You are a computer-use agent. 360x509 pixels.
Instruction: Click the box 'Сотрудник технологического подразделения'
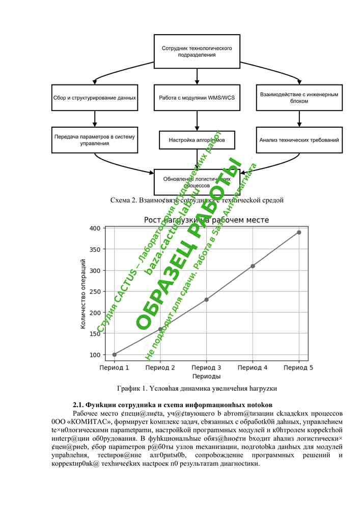coord(197,51)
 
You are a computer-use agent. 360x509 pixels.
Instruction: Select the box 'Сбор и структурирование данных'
coord(95,97)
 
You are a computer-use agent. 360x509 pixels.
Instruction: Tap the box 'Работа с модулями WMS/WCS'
coord(197,97)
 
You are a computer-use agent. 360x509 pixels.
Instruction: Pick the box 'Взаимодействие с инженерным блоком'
coord(298,97)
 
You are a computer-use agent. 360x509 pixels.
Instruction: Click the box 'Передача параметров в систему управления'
coord(95,140)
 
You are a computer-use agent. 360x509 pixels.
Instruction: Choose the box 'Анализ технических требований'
coord(298,140)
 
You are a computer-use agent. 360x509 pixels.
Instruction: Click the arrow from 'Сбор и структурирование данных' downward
coord(95,119)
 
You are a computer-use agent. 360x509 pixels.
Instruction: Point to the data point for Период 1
coord(114,354)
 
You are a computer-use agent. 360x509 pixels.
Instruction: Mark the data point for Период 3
coord(206,300)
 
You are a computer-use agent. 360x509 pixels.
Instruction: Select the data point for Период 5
coord(299,232)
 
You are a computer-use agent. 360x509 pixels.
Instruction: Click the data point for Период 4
coord(253,266)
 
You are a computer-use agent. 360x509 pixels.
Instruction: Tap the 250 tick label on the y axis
coord(95,291)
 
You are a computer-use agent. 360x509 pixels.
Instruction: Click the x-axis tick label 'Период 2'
coord(160,367)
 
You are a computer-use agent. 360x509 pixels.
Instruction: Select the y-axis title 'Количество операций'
coord(84,294)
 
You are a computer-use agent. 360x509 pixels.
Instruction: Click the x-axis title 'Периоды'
coord(206,377)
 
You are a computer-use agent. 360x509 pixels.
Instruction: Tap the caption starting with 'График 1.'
coord(197,388)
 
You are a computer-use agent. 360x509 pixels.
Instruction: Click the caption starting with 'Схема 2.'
coord(197,200)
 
